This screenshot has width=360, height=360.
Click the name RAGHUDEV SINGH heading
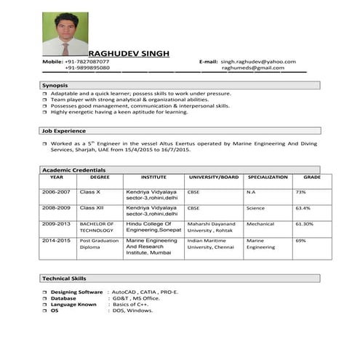click(129, 54)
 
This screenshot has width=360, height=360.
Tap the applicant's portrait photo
click(65, 34)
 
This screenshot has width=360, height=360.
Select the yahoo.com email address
click(258, 62)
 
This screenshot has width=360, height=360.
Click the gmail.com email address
click(258, 68)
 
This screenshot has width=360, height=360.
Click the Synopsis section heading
click(55, 86)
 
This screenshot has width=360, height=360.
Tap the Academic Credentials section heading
click(73, 169)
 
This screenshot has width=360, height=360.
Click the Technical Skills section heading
click(64, 279)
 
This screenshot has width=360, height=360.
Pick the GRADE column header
click(312, 177)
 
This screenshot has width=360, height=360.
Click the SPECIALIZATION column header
click(268, 177)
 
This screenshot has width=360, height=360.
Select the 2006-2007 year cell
click(56, 192)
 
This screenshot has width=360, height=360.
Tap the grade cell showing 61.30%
click(304, 224)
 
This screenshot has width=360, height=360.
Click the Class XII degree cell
click(92, 208)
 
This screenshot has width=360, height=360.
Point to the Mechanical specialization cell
click(260, 224)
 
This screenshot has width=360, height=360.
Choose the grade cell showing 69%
click(300, 240)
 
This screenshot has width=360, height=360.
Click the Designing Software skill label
click(76, 292)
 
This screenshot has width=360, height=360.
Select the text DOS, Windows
click(133, 311)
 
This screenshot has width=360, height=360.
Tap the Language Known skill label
click(73, 304)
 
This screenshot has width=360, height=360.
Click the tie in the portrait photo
click(65, 48)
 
